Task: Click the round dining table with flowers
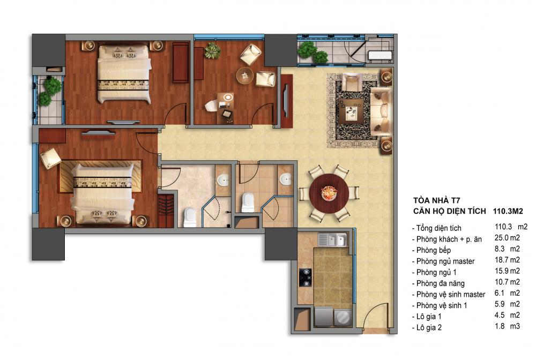(x=329, y=194)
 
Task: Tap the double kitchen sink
(x=332, y=239)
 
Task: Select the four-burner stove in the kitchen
(x=306, y=277)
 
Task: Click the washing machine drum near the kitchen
(x=343, y=317)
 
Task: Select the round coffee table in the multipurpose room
(x=245, y=76)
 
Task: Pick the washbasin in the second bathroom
(x=286, y=179)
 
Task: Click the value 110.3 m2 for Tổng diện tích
(x=511, y=227)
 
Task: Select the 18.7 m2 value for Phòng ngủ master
(x=507, y=260)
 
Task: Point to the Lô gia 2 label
(x=429, y=327)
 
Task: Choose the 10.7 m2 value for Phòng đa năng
(x=507, y=282)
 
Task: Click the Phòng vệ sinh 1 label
(x=441, y=306)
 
